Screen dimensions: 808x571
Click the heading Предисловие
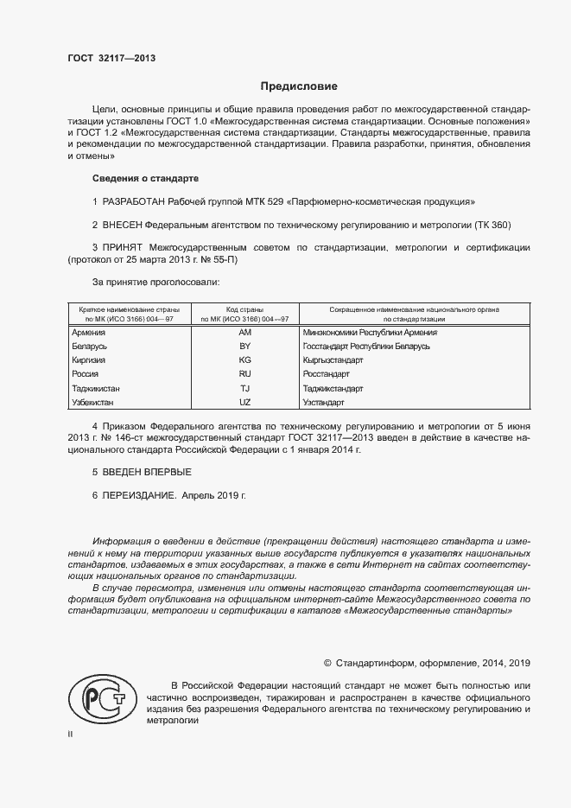(300, 86)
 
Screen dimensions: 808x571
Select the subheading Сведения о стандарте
(144, 178)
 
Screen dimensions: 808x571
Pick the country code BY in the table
(244, 347)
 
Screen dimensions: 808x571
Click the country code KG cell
(244, 360)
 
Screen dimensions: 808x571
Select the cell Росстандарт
(327, 374)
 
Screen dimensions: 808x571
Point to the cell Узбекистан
(92, 403)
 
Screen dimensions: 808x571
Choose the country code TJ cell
(244, 389)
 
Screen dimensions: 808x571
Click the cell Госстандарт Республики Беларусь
(366, 347)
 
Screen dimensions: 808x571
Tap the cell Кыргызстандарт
(333, 360)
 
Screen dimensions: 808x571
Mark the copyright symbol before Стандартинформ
(327, 663)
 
